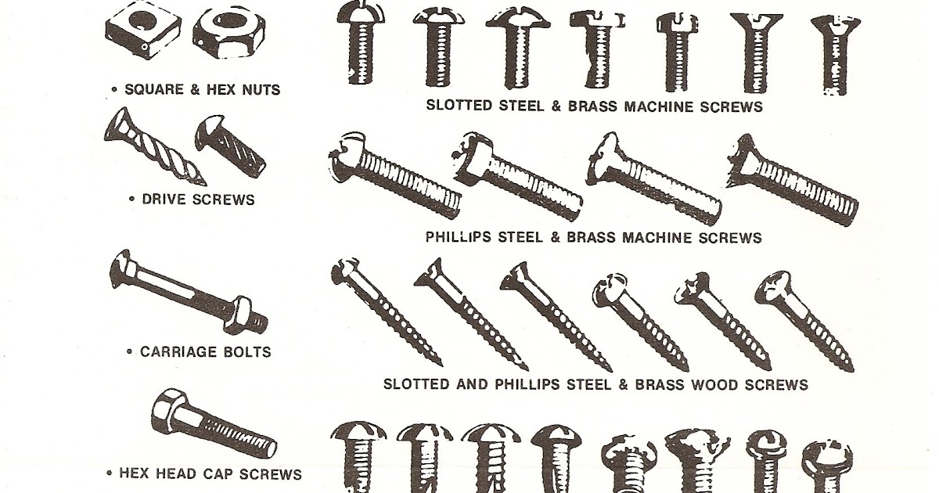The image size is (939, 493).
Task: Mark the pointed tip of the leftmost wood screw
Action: coord(437,362)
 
